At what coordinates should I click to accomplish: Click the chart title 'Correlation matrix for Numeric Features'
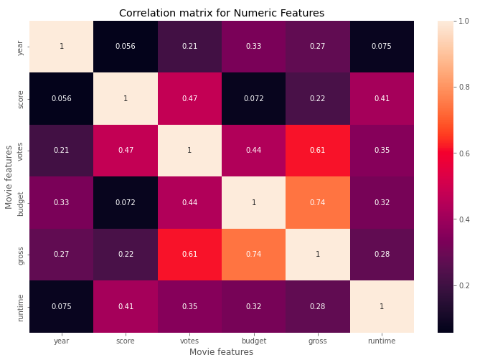point(222,13)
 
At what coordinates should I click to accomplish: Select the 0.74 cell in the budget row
point(318,203)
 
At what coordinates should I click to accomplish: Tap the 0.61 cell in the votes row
point(318,151)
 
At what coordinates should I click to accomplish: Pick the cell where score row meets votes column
point(189,98)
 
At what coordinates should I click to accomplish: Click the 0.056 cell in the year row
point(126,47)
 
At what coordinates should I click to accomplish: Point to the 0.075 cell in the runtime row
point(61,307)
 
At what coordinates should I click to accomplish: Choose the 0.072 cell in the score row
point(253,98)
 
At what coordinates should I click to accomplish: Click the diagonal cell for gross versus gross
point(318,255)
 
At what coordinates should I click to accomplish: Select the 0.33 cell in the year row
point(253,47)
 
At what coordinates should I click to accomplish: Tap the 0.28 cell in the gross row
point(382,255)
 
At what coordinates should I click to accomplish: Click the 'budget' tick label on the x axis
point(253,341)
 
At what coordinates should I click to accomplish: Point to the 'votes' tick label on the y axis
point(20,151)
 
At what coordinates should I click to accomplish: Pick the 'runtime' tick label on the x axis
point(382,341)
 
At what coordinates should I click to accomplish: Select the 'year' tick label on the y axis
point(20,47)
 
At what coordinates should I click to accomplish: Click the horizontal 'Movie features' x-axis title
point(221,352)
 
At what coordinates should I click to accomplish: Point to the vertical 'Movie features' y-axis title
point(9,177)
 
